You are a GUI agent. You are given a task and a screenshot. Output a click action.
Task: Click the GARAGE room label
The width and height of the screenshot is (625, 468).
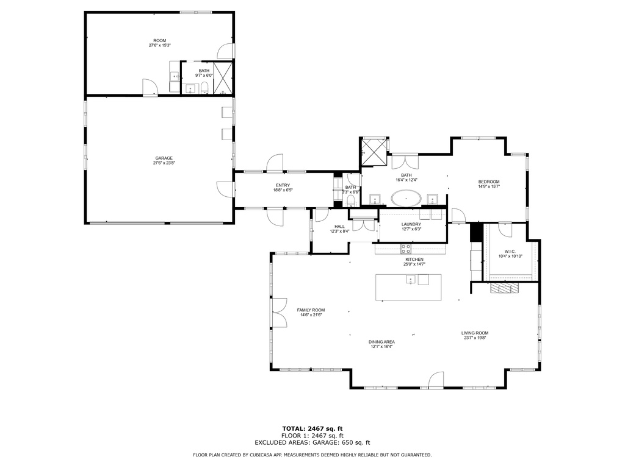click(x=164, y=158)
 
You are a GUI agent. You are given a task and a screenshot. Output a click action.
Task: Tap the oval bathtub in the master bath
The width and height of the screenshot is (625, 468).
click(x=406, y=198)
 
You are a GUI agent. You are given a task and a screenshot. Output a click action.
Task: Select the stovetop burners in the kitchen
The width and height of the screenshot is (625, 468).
click(x=406, y=249)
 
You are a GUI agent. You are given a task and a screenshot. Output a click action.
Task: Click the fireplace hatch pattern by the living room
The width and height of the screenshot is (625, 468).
click(x=505, y=288)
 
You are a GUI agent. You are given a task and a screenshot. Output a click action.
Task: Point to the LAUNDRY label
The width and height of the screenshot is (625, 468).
click(x=411, y=224)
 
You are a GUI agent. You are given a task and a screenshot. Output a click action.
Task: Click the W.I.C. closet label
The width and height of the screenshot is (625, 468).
click(x=510, y=251)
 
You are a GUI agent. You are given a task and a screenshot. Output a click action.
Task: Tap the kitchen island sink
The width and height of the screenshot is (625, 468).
click(x=411, y=280)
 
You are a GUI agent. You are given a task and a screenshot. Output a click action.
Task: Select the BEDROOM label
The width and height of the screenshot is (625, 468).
click(x=489, y=182)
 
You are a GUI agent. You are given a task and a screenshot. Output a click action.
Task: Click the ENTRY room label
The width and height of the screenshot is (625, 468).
click(x=283, y=185)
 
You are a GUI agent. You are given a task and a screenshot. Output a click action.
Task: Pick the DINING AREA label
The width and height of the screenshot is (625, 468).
click(x=381, y=342)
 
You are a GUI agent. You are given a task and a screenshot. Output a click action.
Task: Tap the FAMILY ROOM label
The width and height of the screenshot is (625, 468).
click(x=311, y=310)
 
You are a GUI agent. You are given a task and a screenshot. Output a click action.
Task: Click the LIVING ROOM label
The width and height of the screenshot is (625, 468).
click(x=475, y=333)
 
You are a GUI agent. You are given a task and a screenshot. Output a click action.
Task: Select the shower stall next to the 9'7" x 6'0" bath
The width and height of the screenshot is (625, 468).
click(x=223, y=78)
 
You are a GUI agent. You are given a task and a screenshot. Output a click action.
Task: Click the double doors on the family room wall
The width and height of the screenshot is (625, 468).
click(x=279, y=313)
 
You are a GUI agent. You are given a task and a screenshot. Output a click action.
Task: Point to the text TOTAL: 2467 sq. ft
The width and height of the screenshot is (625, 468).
click(x=312, y=428)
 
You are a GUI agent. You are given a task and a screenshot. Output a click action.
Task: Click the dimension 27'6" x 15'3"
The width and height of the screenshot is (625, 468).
click(x=160, y=45)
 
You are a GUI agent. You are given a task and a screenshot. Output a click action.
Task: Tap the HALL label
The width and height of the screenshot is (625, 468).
click(x=339, y=227)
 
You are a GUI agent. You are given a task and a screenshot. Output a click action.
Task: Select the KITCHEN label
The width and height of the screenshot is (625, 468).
click(x=414, y=260)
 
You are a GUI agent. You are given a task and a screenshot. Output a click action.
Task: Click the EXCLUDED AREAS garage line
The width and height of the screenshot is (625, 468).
click(x=312, y=442)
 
